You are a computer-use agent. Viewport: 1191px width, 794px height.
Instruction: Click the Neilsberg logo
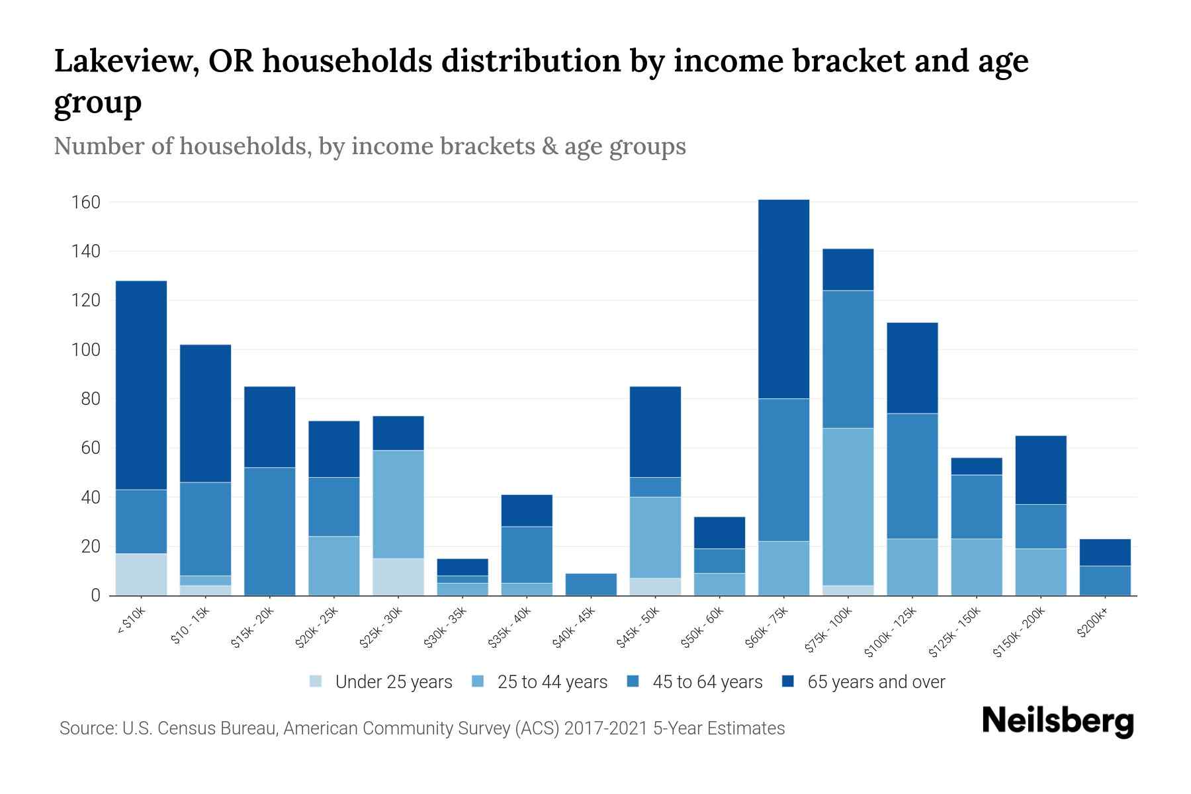tap(1057, 721)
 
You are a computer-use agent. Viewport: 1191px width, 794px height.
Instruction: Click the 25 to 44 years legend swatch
tap(478, 682)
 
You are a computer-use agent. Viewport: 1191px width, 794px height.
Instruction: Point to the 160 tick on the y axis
tap(85, 202)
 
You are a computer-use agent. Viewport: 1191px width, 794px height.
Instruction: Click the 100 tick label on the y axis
tap(85, 349)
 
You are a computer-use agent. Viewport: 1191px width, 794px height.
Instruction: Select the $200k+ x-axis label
tap(1092, 623)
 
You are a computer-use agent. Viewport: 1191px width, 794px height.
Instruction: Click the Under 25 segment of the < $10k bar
tap(141, 574)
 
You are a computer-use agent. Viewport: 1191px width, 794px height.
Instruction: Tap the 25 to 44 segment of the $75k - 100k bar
tap(848, 506)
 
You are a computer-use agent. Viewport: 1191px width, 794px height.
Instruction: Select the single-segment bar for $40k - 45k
tap(591, 584)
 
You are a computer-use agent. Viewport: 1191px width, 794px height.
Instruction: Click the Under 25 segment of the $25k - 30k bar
tap(398, 577)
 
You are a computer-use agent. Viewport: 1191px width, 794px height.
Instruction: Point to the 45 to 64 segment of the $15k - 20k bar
tap(269, 531)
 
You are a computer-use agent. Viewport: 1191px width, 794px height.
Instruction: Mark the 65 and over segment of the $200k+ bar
tap(1105, 552)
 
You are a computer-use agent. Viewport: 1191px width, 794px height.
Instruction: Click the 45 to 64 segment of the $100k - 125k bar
tap(912, 476)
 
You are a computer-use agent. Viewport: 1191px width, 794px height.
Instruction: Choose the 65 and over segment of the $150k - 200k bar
tap(1041, 470)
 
